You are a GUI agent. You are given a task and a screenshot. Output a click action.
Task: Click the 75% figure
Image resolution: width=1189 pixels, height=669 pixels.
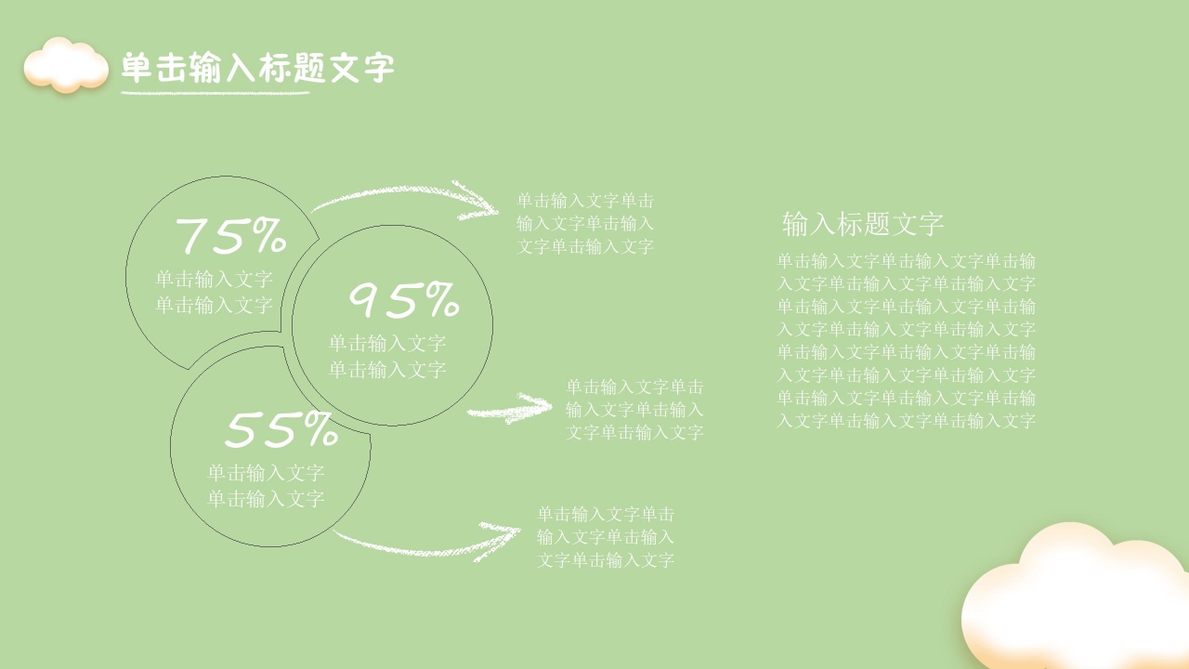(x=230, y=236)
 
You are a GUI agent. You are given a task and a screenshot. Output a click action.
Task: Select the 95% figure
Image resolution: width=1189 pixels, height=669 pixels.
(x=403, y=300)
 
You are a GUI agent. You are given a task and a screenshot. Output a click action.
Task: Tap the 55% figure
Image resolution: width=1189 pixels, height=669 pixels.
(x=281, y=430)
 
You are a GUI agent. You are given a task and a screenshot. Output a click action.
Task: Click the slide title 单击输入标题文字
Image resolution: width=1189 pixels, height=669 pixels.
(x=258, y=68)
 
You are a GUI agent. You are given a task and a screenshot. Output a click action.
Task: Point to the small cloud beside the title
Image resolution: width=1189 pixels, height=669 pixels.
(x=66, y=65)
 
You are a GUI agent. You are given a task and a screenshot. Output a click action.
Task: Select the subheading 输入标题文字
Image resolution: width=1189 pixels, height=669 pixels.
(x=863, y=224)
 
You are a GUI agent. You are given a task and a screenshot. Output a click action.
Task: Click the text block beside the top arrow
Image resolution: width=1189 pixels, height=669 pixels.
(x=585, y=223)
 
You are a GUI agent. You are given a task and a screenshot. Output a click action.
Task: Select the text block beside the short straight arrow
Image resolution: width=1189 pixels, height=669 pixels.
(x=634, y=409)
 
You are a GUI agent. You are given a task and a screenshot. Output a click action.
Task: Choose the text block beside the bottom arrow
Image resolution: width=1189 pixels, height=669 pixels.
(x=606, y=536)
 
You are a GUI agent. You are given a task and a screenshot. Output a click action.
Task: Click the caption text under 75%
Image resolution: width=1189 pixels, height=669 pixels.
(x=214, y=292)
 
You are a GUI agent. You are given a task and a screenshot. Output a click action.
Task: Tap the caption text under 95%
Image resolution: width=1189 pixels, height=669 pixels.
(x=387, y=356)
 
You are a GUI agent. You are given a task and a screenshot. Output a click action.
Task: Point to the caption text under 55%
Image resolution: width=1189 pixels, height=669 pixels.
(x=266, y=486)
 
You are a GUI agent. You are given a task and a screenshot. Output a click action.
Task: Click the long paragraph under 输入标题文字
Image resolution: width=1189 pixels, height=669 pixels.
(x=906, y=340)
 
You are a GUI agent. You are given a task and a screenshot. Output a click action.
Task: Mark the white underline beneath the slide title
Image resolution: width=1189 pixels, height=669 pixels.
(x=216, y=92)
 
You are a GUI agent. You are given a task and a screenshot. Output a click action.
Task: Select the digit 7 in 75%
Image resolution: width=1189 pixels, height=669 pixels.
(x=195, y=236)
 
